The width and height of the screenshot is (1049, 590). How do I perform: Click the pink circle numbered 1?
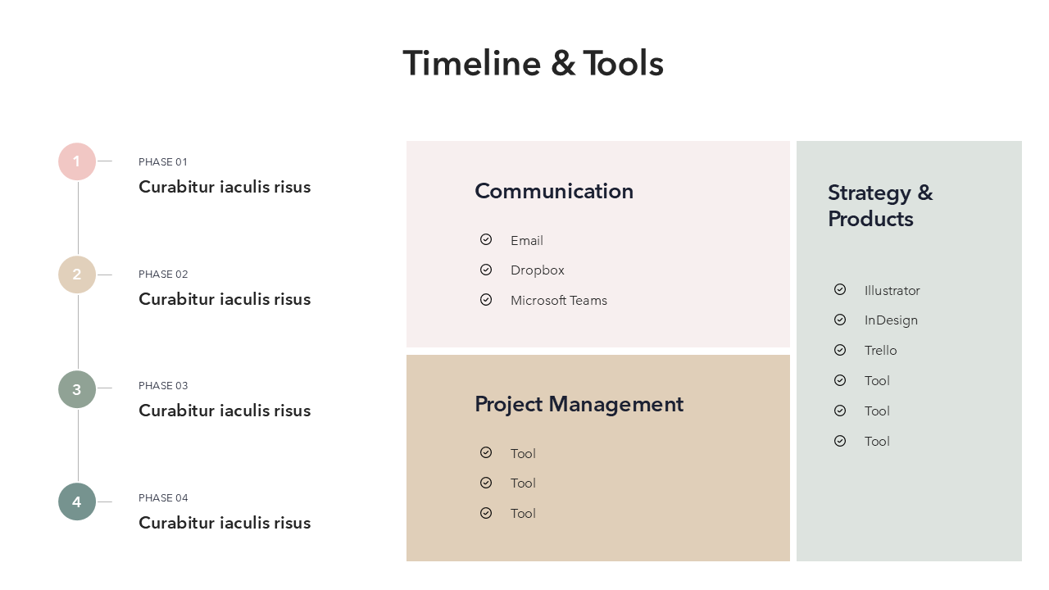coord(77,161)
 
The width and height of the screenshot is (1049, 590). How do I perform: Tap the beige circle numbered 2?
coord(77,275)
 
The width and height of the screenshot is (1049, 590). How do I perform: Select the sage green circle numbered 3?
coord(77,389)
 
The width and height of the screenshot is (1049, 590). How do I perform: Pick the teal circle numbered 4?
coord(77,501)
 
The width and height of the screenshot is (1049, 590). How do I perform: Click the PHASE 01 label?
coord(163,162)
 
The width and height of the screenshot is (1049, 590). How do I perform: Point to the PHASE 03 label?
coord(163,386)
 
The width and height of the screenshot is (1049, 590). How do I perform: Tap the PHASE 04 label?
coord(163,498)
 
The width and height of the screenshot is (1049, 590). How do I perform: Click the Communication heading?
coord(554,191)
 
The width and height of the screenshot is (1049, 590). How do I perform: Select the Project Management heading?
coord(579,405)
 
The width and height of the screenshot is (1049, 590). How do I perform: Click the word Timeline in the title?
coord(472,63)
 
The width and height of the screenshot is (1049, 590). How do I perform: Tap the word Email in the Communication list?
coord(527,241)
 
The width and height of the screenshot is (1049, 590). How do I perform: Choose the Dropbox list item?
coord(538,270)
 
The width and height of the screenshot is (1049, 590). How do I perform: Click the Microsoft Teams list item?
coord(559,301)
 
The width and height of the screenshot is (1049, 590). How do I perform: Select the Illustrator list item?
coord(892,291)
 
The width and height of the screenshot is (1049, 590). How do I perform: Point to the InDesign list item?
coord(891,320)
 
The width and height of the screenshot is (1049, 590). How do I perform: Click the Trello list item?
coord(880,351)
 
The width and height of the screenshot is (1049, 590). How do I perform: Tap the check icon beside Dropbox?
coord(486,270)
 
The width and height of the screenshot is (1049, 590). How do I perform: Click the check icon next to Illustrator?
coord(840,289)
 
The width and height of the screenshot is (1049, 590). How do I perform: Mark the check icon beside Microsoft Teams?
coord(486,300)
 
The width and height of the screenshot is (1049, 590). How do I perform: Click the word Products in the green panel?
coord(870,219)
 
